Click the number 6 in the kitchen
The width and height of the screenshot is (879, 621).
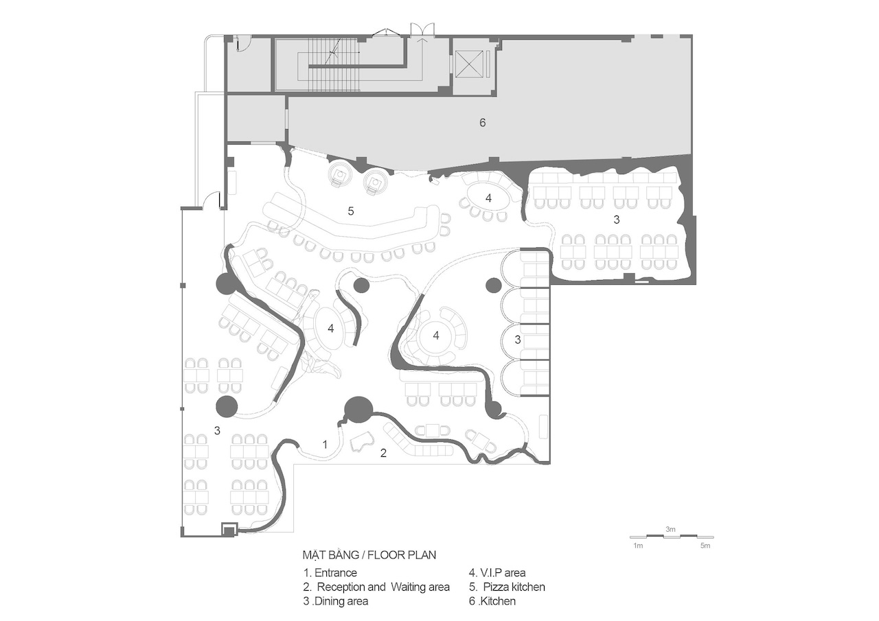point(482,123)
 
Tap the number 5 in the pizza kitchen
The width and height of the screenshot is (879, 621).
point(351,211)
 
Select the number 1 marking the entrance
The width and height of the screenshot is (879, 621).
point(325,445)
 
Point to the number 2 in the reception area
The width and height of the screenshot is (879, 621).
point(383,453)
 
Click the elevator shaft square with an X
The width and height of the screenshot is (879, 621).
point(470,64)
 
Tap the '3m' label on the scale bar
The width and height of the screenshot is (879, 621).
point(670,529)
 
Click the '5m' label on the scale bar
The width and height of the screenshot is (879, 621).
point(705,546)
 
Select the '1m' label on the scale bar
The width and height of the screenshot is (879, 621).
point(638,546)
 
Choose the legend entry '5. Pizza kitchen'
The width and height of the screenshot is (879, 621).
point(507,587)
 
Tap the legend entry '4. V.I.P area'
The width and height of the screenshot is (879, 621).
point(497,573)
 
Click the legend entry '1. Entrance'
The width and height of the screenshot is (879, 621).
point(330,573)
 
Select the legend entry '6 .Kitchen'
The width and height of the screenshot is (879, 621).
point(492,601)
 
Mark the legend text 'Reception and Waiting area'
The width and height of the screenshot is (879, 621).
point(383,587)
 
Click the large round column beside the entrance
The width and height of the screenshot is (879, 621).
point(358,409)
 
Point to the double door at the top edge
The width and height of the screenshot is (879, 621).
point(422,30)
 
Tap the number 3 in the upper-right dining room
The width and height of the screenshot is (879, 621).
point(617,220)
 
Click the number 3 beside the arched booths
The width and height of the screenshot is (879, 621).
point(518,340)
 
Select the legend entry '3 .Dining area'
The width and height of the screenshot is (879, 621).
point(336,601)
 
